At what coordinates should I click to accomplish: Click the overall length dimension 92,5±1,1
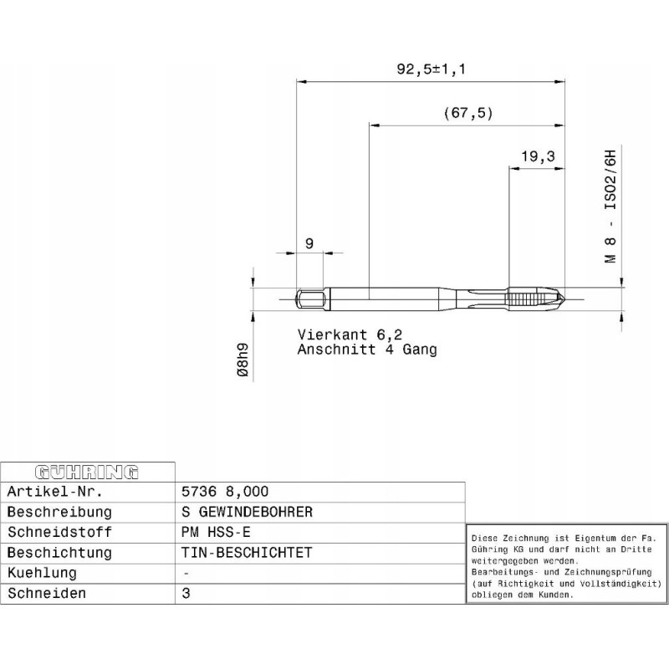coord(431,70)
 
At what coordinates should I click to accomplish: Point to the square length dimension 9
coord(309,243)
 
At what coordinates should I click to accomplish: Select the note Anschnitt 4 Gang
coord(367,350)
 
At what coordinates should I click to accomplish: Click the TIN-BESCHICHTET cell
coord(247,553)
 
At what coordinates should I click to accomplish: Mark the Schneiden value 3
coord(185,593)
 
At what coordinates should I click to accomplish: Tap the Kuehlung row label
coord(42,573)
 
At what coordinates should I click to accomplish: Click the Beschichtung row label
coord(59,553)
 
